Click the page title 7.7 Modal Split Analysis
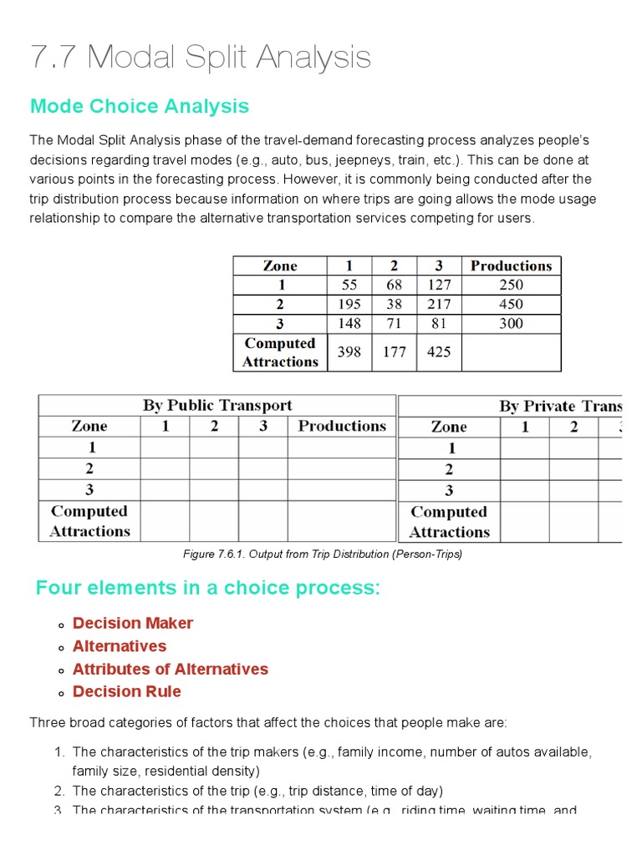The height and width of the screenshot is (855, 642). (201, 58)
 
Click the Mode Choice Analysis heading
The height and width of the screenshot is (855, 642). (139, 106)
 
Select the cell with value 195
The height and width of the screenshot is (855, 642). (349, 304)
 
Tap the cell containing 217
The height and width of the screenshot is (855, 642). (439, 304)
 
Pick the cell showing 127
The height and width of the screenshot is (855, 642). (439, 285)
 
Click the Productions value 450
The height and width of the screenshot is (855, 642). (511, 304)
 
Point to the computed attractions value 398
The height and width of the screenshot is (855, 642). (349, 352)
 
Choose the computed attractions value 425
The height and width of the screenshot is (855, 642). (439, 352)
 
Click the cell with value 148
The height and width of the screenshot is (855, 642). (349, 323)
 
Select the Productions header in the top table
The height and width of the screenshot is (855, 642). (511, 266)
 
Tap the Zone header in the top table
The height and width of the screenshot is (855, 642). (280, 266)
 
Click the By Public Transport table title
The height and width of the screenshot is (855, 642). (217, 406)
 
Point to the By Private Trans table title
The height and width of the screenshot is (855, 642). (560, 407)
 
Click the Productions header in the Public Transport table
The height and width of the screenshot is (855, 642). (342, 426)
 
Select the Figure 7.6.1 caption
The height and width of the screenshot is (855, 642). (322, 554)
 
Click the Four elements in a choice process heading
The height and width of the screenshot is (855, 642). (207, 588)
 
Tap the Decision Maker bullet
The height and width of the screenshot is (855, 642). (133, 623)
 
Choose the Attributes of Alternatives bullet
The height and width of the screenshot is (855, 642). (171, 669)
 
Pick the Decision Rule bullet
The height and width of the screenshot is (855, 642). (127, 691)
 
